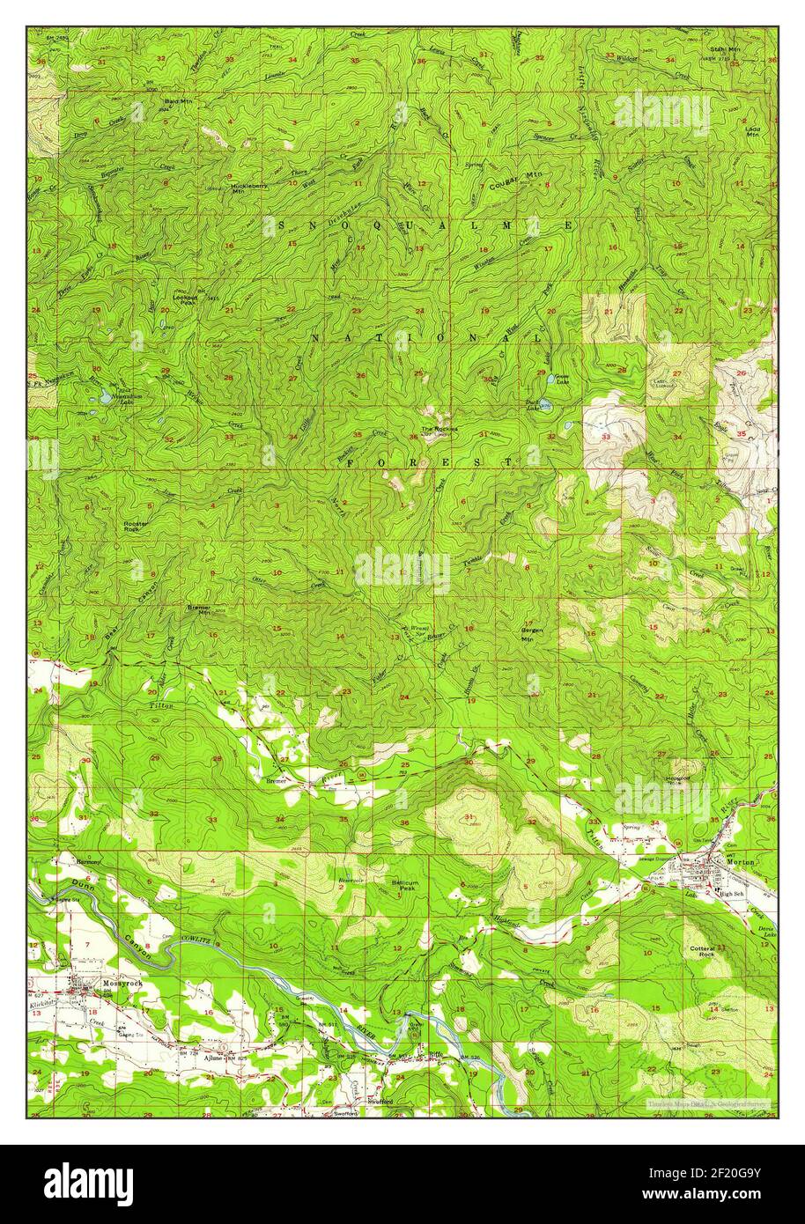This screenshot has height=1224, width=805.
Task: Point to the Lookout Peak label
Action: coord(184,300)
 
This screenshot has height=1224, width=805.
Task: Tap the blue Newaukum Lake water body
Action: coord(106,397)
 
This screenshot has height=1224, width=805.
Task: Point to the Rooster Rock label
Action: coord(136,527)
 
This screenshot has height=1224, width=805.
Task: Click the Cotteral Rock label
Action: coord(701,952)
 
